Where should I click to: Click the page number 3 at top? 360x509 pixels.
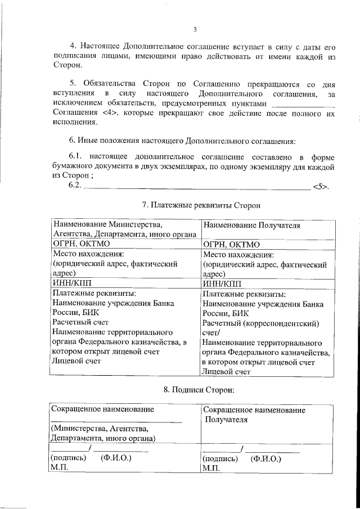tap(194, 30)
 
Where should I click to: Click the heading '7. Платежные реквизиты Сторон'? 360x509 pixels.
tap(194, 205)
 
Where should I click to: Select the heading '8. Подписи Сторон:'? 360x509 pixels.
tap(194, 389)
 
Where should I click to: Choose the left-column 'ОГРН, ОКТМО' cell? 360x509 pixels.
tap(81, 244)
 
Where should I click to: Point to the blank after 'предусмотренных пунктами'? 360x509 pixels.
tap(303, 105)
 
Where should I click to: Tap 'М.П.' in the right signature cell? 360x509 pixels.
tap(210, 468)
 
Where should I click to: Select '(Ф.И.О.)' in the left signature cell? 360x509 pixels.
tap(116, 458)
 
